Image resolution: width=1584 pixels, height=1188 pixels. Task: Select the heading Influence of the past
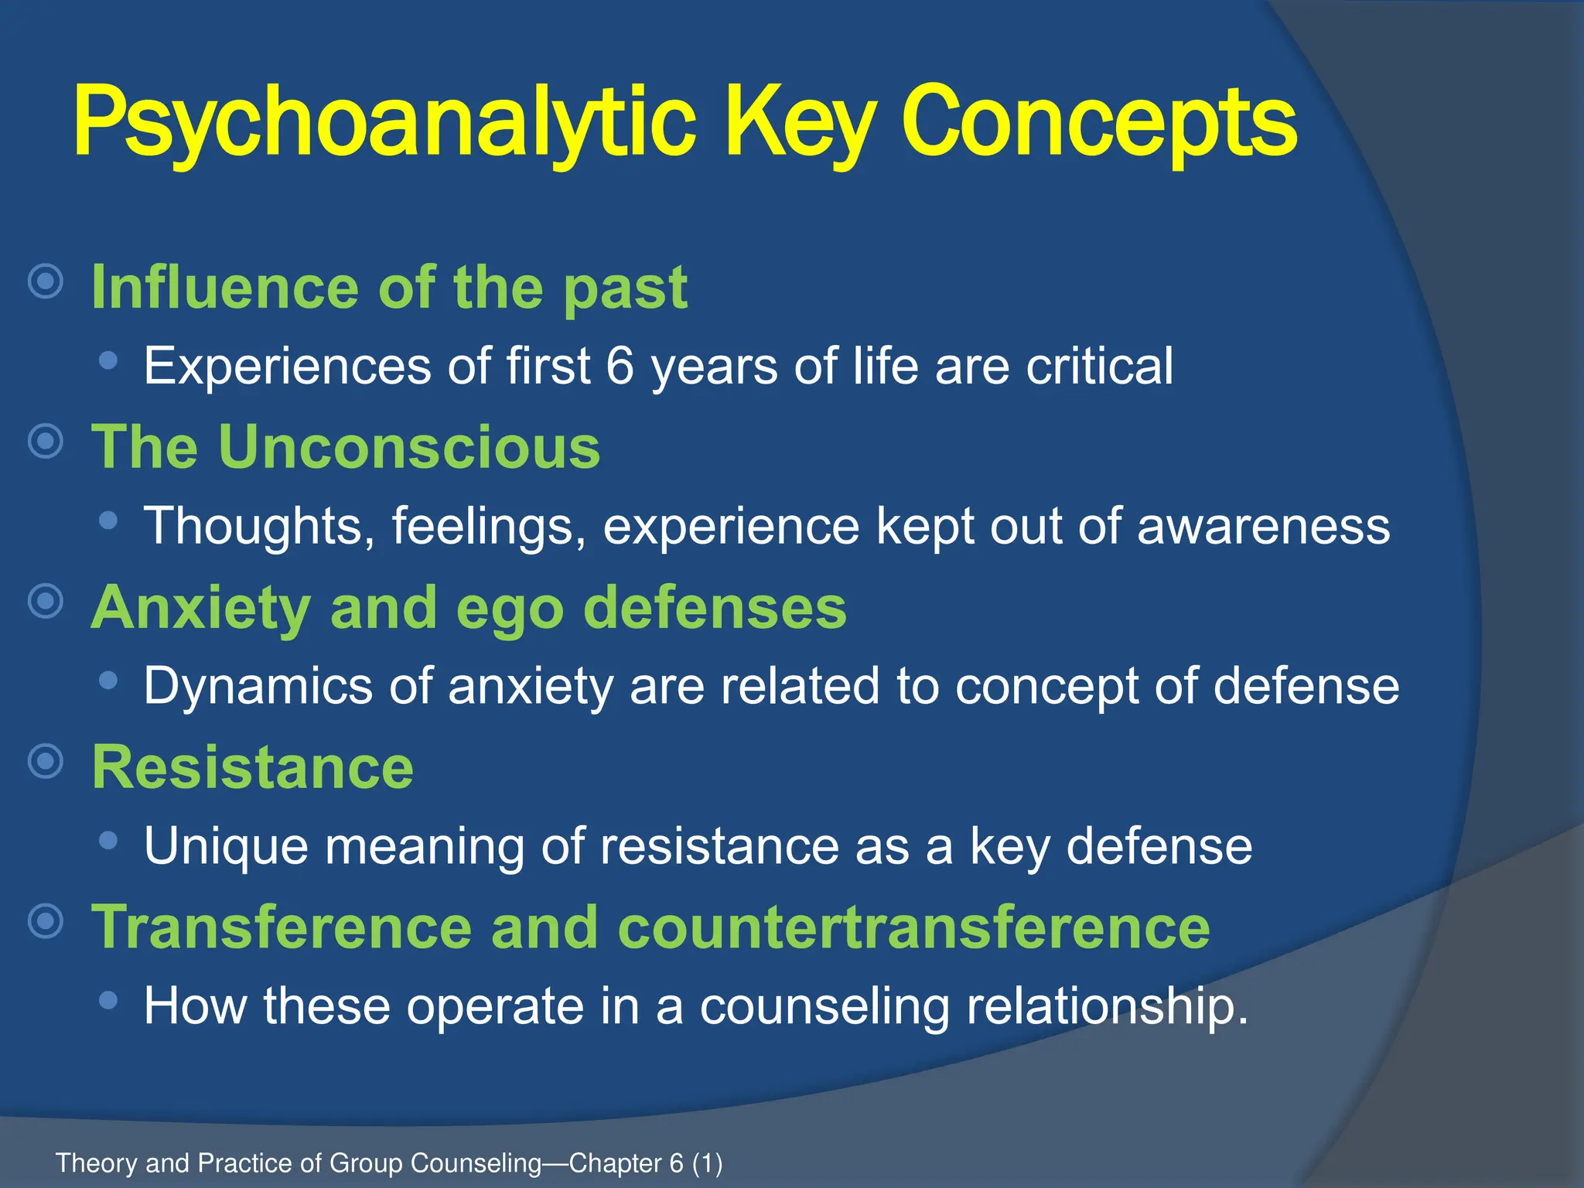pyautogui.click(x=389, y=288)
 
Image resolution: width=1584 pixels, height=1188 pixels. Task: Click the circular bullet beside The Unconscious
pyautogui.click(x=46, y=442)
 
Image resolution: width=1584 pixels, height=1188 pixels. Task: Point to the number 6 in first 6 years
pyautogui.click(x=620, y=366)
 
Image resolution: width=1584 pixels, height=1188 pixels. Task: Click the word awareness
pyautogui.click(x=1263, y=526)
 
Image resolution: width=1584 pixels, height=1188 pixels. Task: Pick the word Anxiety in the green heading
pyautogui.click(x=200, y=608)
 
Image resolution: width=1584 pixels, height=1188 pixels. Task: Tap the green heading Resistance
pyautogui.click(x=252, y=767)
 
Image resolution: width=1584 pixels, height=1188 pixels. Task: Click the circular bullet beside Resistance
pyautogui.click(x=46, y=762)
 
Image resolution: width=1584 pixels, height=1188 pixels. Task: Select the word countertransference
pyautogui.click(x=913, y=927)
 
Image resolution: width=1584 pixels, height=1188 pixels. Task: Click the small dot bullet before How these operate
pyautogui.click(x=109, y=1000)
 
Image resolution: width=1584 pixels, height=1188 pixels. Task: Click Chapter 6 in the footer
pyautogui.click(x=626, y=1163)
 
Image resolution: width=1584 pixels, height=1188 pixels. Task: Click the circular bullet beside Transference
pyautogui.click(x=46, y=921)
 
